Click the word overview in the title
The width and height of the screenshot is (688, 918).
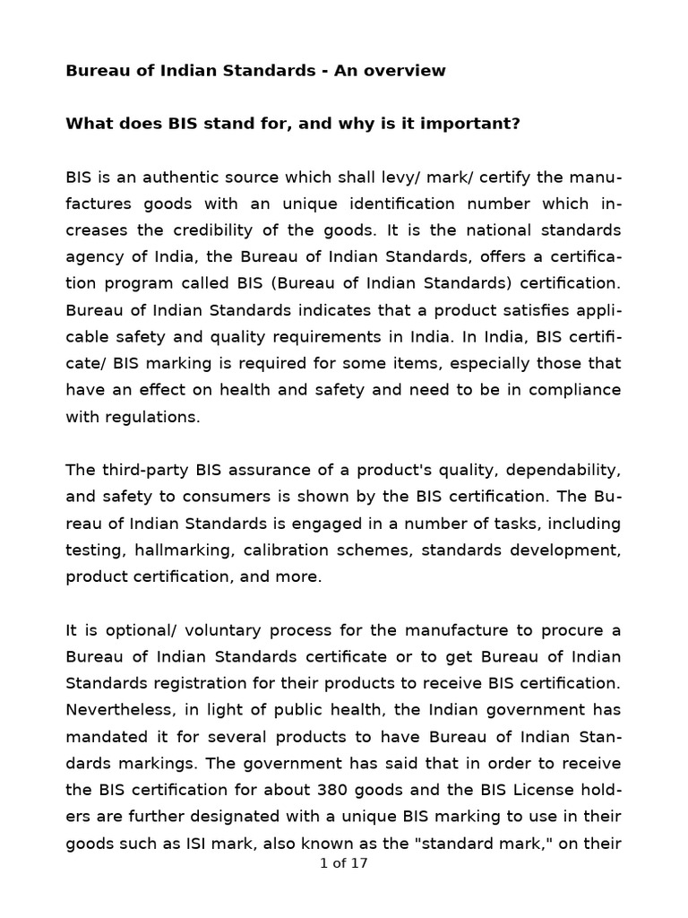(x=407, y=71)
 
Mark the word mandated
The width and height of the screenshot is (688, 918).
(x=104, y=736)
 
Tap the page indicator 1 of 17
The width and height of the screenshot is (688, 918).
(x=344, y=864)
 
